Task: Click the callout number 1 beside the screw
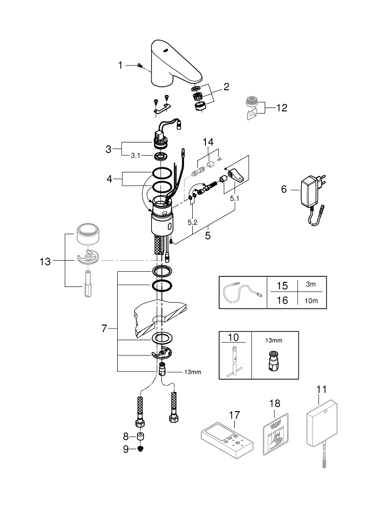(x=120, y=65)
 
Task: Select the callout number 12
(x=282, y=107)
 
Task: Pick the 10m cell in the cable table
(x=311, y=300)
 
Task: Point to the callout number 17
(x=234, y=415)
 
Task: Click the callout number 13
(x=45, y=262)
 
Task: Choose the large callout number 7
(x=104, y=329)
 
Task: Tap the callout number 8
(x=127, y=436)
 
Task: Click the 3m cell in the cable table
(x=311, y=285)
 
